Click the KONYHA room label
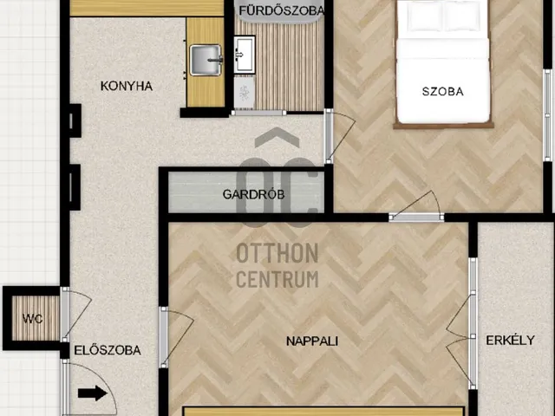[x=127, y=86]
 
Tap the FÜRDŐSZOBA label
[x=282, y=10]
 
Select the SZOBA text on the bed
[x=443, y=92]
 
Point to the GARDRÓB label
[x=253, y=194]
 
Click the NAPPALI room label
[x=312, y=341]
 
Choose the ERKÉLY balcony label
[x=510, y=341]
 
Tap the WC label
[x=33, y=319]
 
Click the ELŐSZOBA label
[x=108, y=350]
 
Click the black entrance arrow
[x=93, y=393]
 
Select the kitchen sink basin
[x=206, y=60]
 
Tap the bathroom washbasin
[x=245, y=55]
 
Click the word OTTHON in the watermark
[x=277, y=253]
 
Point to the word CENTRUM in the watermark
[x=277, y=279]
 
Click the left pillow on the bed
[x=424, y=17]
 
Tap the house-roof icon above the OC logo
[x=277, y=137]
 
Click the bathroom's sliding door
[x=258, y=113]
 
